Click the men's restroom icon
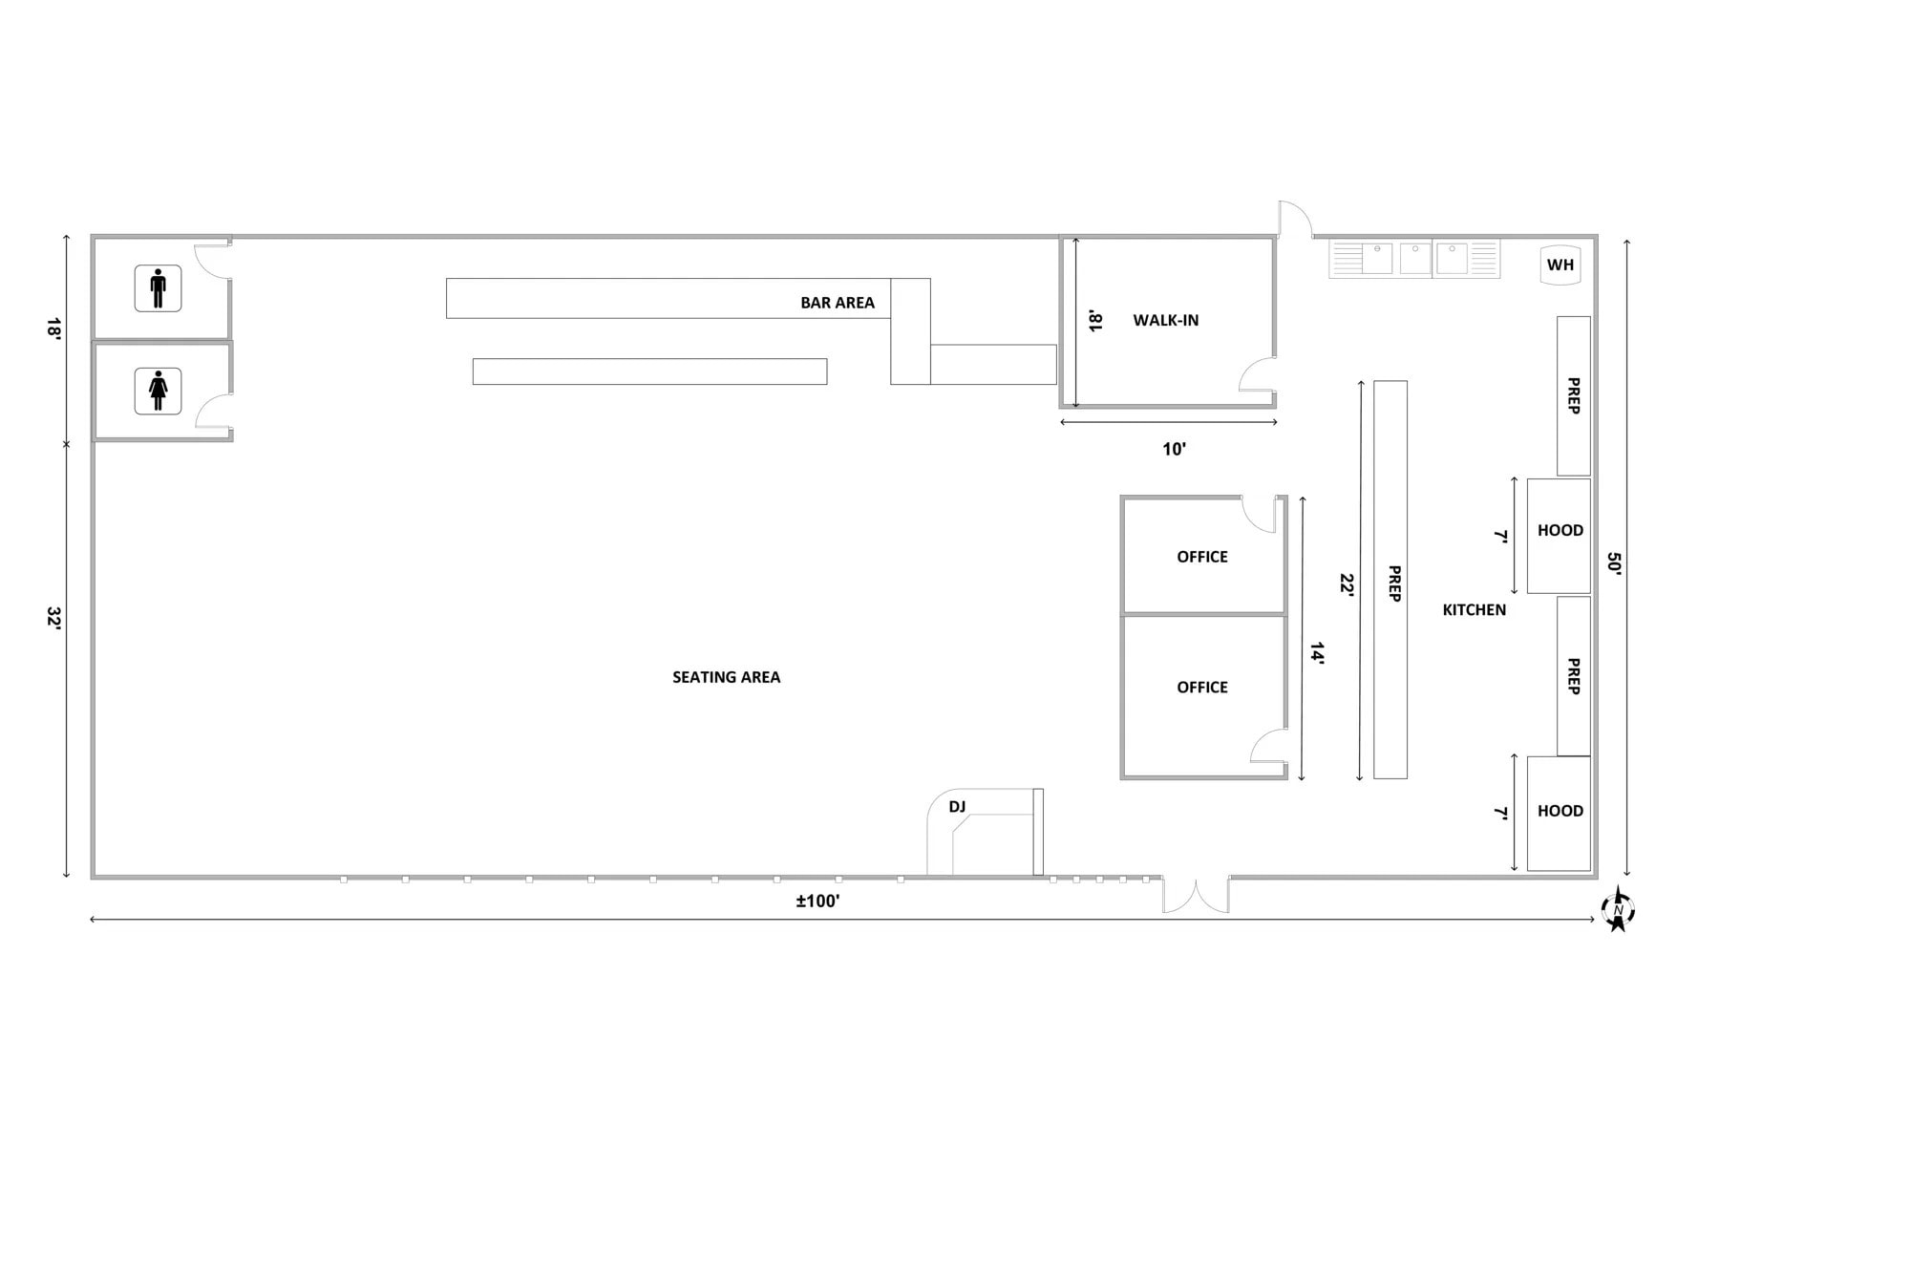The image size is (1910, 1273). pyautogui.click(x=158, y=288)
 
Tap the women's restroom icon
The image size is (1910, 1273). pyautogui.click(x=158, y=392)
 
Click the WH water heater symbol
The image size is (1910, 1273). pyautogui.click(x=1560, y=265)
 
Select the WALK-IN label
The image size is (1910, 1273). pyautogui.click(x=1165, y=321)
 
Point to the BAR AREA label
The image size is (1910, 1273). pyautogui.click(x=837, y=303)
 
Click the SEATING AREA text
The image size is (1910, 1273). pyautogui.click(x=726, y=677)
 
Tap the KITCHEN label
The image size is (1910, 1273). pyautogui.click(x=1474, y=610)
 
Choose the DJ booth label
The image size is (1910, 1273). pyautogui.click(x=957, y=807)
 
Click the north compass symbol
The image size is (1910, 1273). pyautogui.click(x=1618, y=909)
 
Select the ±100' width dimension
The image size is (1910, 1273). pyautogui.click(x=818, y=902)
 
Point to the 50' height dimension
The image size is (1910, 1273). pyautogui.click(x=1614, y=563)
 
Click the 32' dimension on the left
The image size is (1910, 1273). pyautogui.click(x=54, y=619)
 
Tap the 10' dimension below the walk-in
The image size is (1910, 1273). pyautogui.click(x=1174, y=449)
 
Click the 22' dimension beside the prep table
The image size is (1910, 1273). pyautogui.click(x=1347, y=584)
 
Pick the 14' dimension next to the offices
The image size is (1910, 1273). pyautogui.click(x=1317, y=653)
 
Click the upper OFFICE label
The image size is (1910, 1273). pyautogui.click(x=1202, y=557)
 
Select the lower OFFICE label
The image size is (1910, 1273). pyautogui.click(x=1202, y=688)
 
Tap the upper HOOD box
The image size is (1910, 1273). pyautogui.click(x=1559, y=535)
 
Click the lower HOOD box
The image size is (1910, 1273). pyautogui.click(x=1559, y=813)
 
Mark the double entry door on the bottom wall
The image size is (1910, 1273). pyautogui.click(x=1196, y=895)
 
